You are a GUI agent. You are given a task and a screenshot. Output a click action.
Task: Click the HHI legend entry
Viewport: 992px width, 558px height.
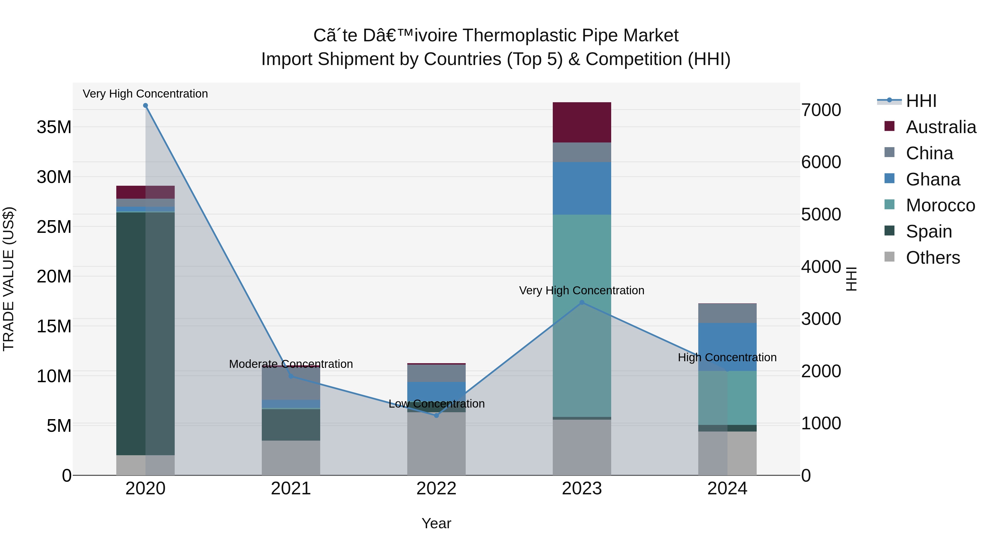[921, 101]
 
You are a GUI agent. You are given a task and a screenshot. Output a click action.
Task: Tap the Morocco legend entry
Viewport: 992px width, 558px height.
[940, 205]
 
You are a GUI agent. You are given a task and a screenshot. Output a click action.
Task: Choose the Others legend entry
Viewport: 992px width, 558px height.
[932, 258]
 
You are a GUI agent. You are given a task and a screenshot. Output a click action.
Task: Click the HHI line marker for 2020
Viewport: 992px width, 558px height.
[145, 106]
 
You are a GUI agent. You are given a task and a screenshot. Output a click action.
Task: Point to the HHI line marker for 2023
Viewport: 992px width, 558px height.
[582, 303]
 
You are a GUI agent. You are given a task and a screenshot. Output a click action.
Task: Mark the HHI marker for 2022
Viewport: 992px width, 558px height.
[436, 416]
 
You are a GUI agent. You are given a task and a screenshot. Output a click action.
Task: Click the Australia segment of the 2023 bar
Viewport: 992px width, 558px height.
[582, 122]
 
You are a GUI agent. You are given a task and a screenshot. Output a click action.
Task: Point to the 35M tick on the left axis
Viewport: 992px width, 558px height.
[54, 127]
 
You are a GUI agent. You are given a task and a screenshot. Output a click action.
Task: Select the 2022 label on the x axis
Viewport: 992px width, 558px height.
[436, 489]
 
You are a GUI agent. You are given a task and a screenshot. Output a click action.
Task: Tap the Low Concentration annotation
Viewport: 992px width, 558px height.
[436, 404]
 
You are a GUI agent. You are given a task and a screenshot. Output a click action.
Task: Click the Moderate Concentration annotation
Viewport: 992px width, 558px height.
[291, 364]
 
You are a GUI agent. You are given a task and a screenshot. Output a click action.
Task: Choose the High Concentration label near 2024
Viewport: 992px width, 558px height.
[727, 357]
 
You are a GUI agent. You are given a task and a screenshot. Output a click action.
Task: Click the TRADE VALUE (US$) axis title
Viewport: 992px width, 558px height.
[9, 279]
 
